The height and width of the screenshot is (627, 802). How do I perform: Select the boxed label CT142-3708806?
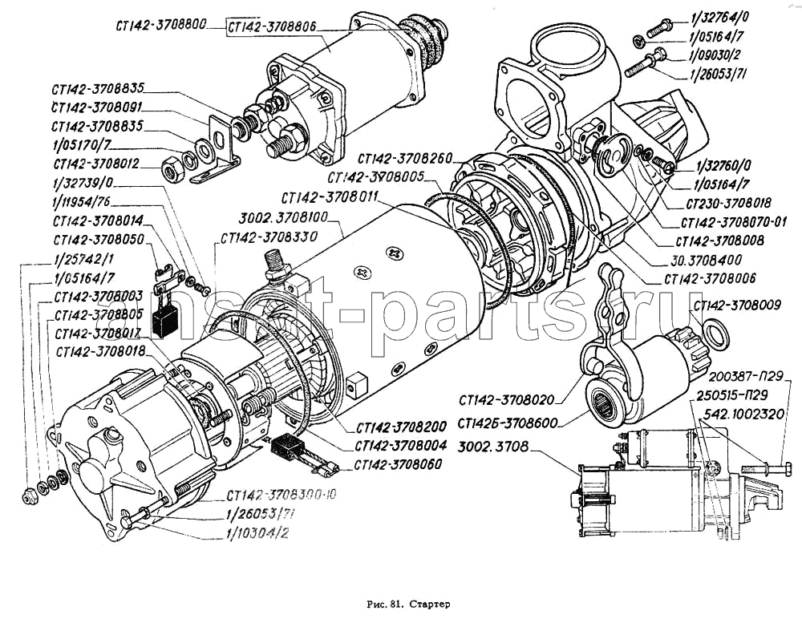pos(271,27)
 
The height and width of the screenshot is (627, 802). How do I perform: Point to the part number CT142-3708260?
pos(405,158)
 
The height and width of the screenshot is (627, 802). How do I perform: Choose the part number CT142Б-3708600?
pos(510,423)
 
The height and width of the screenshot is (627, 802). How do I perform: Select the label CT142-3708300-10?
pos(281,495)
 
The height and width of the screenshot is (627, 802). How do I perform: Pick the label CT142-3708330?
pos(257,237)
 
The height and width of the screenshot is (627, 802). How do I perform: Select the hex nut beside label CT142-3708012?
pos(171,168)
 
